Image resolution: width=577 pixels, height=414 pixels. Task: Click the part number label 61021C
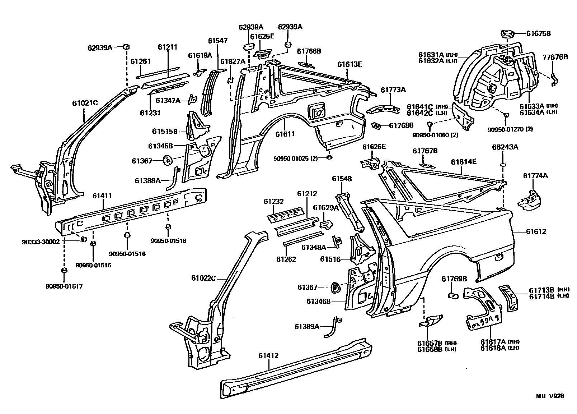coord(85,103)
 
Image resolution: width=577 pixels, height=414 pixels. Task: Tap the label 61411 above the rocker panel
coord(102,196)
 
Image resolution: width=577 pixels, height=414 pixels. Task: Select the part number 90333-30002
coord(40,242)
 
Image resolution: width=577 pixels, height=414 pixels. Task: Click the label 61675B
coord(538,34)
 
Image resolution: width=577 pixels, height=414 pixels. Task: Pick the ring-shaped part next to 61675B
coord(507,34)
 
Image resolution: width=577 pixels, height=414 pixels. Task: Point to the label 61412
coord(268,356)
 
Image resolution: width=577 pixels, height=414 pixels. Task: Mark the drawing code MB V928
coord(550,396)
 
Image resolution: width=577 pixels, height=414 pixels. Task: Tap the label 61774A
coord(535,176)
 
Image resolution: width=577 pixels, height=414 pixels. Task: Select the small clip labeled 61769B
coord(453,295)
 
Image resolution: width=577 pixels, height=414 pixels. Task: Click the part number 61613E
coord(350,65)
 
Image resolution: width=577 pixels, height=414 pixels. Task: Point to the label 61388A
coord(147,180)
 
